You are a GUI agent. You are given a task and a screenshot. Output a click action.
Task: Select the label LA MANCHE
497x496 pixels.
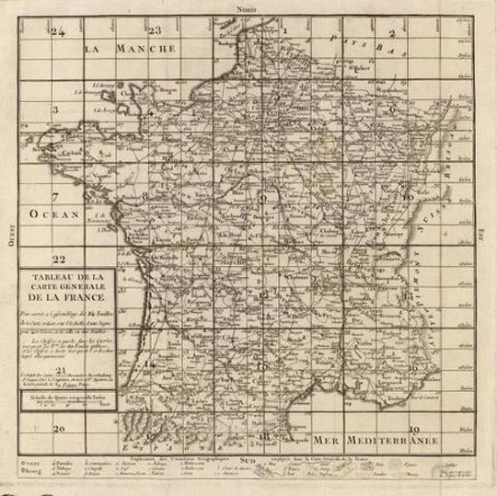[130, 47]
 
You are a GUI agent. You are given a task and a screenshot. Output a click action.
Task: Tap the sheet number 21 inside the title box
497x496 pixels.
[61, 370]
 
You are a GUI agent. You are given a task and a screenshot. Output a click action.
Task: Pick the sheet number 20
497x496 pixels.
[59, 428]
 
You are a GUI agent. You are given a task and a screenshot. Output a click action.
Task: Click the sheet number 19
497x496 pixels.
[414, 428]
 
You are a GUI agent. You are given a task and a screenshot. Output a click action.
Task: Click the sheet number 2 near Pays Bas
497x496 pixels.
[390, 33]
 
